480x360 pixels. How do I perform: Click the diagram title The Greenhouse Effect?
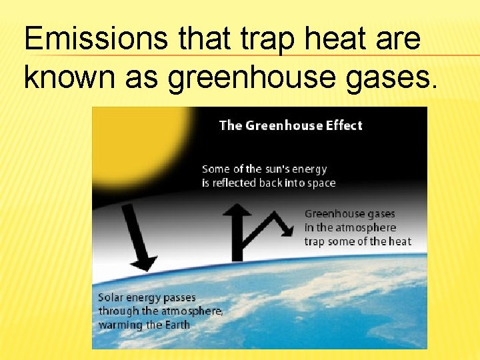[291, 125]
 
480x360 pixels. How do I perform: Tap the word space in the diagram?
[321, 183]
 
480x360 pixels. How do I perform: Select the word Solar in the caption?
[111, 297]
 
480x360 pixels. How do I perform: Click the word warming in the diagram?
[121, 325]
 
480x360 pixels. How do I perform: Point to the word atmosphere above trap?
[367, 228]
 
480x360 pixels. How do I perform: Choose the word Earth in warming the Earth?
[178, 325]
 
